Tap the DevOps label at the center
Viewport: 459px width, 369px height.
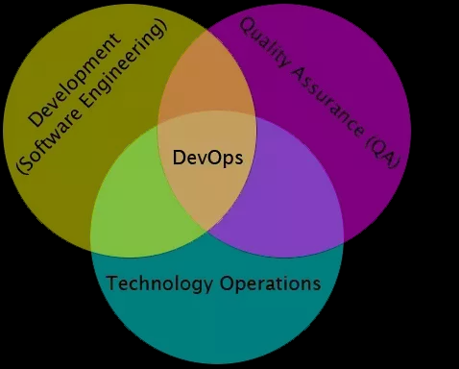click(x=207, y=157)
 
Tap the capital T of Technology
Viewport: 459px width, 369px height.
click(x=111, y=283)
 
